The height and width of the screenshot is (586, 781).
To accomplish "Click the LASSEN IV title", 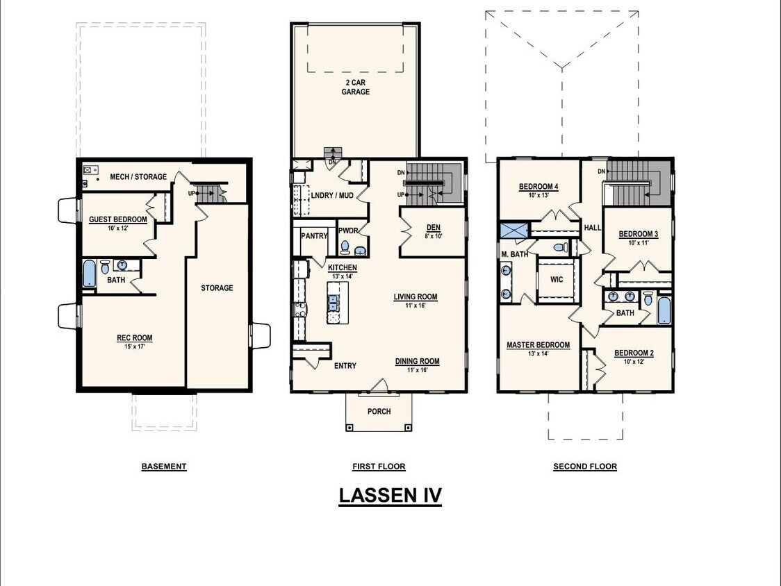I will pos(390,496).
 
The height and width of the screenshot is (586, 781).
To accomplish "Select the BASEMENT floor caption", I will pos(164,467).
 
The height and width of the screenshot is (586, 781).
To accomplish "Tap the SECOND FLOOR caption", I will pos(585,467).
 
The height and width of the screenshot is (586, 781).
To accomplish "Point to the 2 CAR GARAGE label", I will pos(355,87).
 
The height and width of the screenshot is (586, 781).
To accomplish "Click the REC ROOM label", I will pos(134,339).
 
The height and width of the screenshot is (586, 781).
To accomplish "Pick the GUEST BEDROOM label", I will pos(118,220).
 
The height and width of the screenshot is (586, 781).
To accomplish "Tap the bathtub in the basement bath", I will pos(89,274).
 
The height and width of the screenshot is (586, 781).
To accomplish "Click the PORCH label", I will pos(379,412).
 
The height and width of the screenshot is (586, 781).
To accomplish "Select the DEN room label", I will pos(434,227).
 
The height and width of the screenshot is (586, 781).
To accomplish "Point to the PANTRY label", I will pos(314,236).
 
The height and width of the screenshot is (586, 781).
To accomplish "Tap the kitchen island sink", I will pos(333,302).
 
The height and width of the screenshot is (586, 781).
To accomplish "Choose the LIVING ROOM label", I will pos(416,297).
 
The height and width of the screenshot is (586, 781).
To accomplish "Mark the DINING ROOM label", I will pos(417,361).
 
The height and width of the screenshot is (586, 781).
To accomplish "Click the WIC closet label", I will pos(556,280).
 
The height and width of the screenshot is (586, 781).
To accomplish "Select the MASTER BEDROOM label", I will pos(538,345).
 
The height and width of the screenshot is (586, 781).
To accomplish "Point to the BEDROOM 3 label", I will pos(638,234).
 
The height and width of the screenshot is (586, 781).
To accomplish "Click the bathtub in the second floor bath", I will pos(664,310).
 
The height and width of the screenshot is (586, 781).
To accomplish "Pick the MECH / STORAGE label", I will pos(138,177).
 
